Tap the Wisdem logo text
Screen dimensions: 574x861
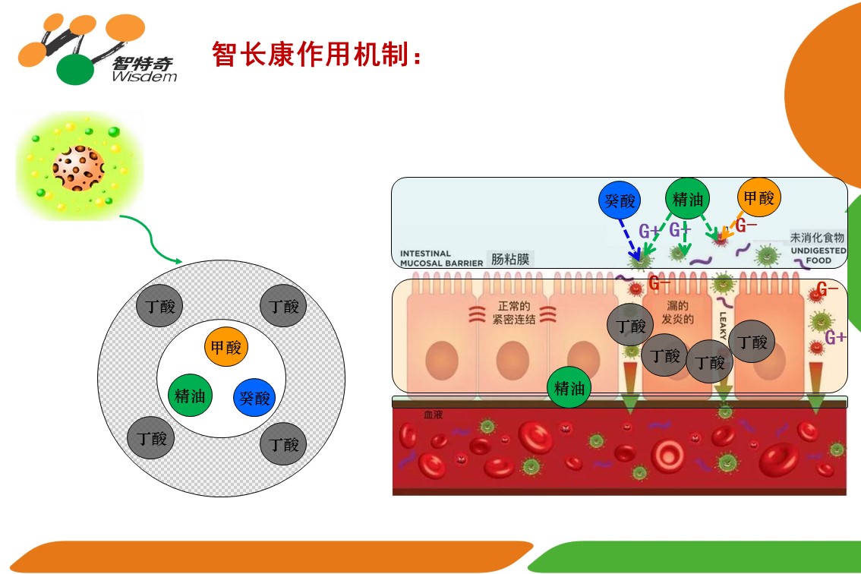point(143,76)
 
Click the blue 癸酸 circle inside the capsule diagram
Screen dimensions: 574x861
point(254,397)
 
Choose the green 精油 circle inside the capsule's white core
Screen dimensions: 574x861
point(190,396)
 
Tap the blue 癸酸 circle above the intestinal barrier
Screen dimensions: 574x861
point(619,201)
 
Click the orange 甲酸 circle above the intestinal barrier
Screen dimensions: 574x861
point(758,198)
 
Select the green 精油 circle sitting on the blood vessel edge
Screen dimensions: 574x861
point(569,388)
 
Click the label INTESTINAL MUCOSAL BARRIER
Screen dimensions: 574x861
point(441,259)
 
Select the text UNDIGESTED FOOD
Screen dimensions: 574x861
point(810,255)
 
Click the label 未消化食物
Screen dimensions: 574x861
point(817,238)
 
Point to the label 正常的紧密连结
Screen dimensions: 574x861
point(513,314)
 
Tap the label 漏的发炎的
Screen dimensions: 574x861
point(678,313)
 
